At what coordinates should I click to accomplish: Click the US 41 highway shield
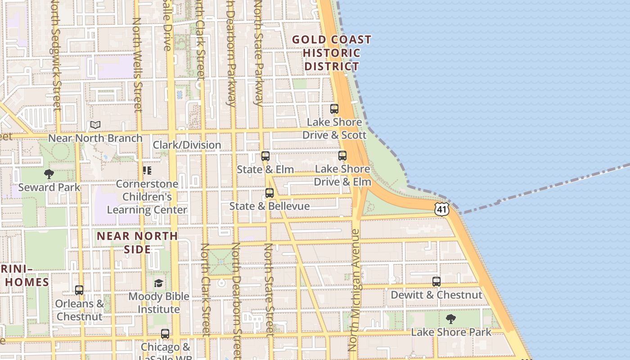click(441, 209)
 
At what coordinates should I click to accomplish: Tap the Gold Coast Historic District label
click(332, 53)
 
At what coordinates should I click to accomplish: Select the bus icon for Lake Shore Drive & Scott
click(334, 108)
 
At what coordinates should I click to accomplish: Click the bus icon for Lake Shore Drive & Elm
click(342, 156)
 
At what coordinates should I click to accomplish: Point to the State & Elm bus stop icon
click(265, 156)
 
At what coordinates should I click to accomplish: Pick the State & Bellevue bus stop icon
click(270, 193)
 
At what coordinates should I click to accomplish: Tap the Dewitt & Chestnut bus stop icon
click(436, 282)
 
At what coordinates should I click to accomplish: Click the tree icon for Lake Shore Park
click(451, 319)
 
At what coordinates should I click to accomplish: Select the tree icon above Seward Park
click(49, 174)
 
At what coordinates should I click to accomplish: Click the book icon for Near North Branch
click(95, 125)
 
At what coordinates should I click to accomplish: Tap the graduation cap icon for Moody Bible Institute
click(158, 283)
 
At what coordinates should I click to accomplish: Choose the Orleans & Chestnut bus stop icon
click(79, 290)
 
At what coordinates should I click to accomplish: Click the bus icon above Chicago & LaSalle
click(165, 334)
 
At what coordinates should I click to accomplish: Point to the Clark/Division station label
click(187, 145)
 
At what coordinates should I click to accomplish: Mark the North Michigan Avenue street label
click(355, 290)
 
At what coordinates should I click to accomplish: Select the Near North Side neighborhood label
click(137, 242)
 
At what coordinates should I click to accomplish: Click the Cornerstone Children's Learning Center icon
click(147, 171)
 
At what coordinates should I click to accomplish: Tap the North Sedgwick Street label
click(55, 54)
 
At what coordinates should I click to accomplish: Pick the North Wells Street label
click(137, 65)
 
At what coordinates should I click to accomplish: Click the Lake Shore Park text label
click(451, 332)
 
